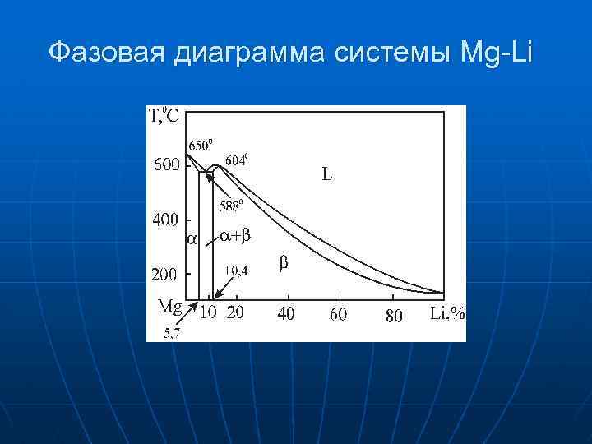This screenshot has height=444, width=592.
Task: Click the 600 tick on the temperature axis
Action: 167,164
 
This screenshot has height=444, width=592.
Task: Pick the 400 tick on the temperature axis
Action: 167,220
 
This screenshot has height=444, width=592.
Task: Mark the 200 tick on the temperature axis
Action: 167,273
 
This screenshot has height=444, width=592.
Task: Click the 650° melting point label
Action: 201,146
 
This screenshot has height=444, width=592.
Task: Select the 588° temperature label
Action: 231,206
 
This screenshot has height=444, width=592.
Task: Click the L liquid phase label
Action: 326,174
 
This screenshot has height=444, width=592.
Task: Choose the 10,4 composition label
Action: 237,270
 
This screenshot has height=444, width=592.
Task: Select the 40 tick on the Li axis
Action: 286,313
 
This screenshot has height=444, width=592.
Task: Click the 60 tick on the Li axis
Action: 339,313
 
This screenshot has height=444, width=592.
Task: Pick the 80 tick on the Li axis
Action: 394,314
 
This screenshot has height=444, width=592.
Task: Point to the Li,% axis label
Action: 447,312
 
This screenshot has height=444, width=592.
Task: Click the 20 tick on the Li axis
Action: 235,313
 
